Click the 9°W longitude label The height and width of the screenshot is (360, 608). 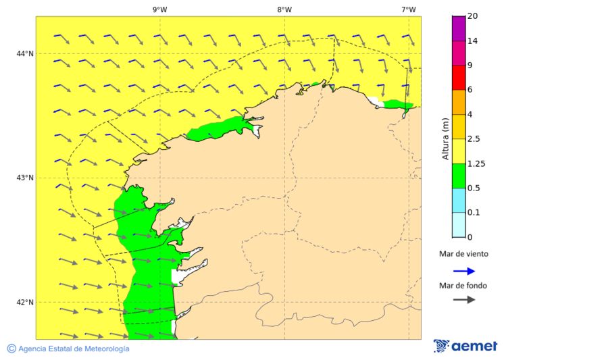(159, 9)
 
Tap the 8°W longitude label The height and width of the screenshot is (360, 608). (284, 9)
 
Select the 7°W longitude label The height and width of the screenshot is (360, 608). (408, 9)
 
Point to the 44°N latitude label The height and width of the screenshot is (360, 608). (26, 54)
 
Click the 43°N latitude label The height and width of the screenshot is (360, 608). (26, 178)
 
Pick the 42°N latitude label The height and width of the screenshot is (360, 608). (26, 303)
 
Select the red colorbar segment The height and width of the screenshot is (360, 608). (459, 78)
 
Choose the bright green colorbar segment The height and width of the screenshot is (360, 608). (459, 176)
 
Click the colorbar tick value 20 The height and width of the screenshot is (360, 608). (473, 16)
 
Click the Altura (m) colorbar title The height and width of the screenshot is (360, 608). (445, 138)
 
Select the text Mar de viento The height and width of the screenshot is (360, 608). (463, 255)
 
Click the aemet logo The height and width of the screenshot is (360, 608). (465, 346)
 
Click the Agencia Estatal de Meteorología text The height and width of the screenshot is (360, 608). (74, 349)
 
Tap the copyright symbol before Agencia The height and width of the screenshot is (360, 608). (11, 349)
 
